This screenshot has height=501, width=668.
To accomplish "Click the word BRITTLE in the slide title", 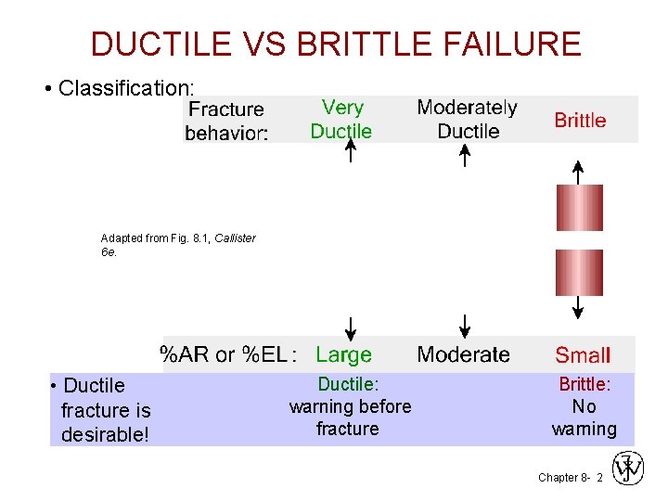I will coord(364,44).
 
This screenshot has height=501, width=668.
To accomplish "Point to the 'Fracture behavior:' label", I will coord(226,122).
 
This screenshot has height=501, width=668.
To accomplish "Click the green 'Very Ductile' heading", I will coord(341,120).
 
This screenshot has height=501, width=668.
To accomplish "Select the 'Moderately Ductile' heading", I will coord(468,120).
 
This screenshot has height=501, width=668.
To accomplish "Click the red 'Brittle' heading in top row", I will coord(580,121).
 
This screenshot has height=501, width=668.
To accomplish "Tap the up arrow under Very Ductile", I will coord(349,151).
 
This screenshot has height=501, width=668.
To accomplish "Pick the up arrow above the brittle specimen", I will coord(578,172).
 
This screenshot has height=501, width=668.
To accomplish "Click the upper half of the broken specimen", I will coord(579,207).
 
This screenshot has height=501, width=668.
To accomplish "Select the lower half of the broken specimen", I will coord(579,272).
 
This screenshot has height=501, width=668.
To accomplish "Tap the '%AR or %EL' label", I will coord(228,354).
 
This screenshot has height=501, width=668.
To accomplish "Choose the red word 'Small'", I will coord(583,354).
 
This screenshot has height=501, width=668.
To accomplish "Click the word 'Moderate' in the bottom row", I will coord(463,354).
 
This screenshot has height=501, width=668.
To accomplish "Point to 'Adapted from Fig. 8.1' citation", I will coord(177,245).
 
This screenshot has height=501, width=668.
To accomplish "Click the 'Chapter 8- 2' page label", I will coord(570,477).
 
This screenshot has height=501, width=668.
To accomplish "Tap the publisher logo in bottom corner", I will coord(629,469).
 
